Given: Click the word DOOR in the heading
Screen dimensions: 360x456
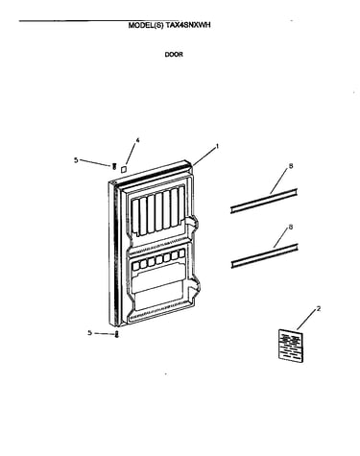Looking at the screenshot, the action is pyautogui.click(x=174, y=55).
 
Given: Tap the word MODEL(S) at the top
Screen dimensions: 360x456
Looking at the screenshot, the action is pyautogui.click(x=146, y=25).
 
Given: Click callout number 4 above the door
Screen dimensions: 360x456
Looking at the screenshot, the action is pyautogui.click(x=137, y=140).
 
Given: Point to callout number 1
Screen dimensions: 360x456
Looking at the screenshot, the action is pyautogui.click(x=217, y=146).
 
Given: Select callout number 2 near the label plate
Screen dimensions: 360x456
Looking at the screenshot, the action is pyautogui.click(x=318, y=309).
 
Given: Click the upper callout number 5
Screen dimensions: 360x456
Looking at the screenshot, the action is pyautogui.click(x=76, y=160).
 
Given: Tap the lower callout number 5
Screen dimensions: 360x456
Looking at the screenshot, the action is pyautogui.click(x=90, y=333).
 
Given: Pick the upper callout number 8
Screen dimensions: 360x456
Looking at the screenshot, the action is pyautogui.click(x=291, y=166).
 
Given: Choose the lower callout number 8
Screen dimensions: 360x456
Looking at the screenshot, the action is pyautogui.click(x=291, y=227).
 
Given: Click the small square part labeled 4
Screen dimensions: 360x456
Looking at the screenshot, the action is pyautogui.click(x=123, y=169).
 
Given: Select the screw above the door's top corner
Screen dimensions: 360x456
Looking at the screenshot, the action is pyautogui.click(x=113, y=165).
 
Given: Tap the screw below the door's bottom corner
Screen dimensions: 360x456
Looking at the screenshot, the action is pyautogui.click(x=117, y=334).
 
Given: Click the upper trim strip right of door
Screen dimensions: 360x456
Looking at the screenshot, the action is pyautogui.click(x=264, y=201).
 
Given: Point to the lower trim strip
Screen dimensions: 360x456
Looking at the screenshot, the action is pyautogui.click(x=264, y=256).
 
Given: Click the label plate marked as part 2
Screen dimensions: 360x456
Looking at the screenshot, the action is pyautogui.click(x=291, y=346).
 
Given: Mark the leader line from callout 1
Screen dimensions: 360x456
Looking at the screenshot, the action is pyautogui.click(x=204, y=156).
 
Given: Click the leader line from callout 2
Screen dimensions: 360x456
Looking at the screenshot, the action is pyautogui.click(x=306, y=321).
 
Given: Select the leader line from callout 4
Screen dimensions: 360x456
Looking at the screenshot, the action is pyautogui.click(x=131, y=155).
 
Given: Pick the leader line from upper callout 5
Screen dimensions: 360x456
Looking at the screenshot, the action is pyautogui.click(x=95, y=162).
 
